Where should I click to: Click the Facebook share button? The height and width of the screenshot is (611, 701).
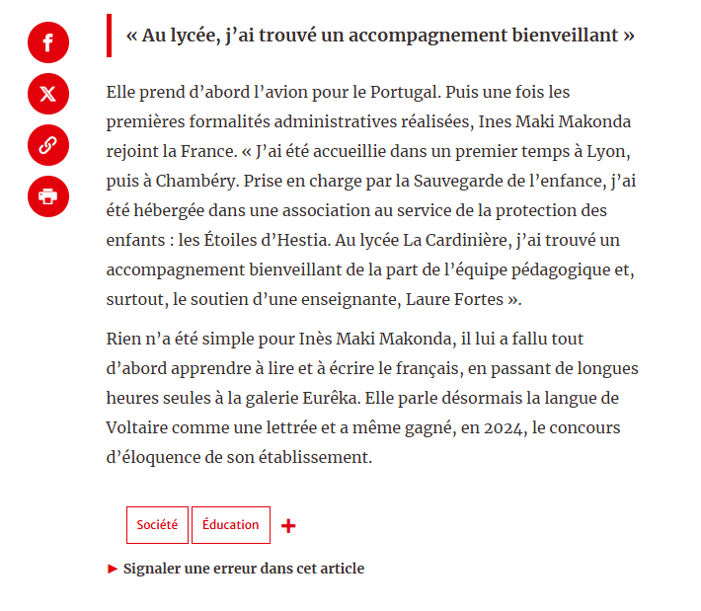48,42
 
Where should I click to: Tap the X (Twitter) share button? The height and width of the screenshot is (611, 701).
48,94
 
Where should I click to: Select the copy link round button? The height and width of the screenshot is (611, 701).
48,145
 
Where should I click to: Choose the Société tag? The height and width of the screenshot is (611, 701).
157,525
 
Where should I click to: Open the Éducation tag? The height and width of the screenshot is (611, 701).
230,525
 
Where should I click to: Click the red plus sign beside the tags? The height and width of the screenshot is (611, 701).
288,526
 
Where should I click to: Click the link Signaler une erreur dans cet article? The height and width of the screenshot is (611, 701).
243,569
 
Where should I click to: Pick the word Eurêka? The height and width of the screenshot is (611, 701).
372,398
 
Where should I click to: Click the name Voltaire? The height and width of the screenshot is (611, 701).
137,427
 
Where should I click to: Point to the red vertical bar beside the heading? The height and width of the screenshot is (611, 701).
109,36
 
